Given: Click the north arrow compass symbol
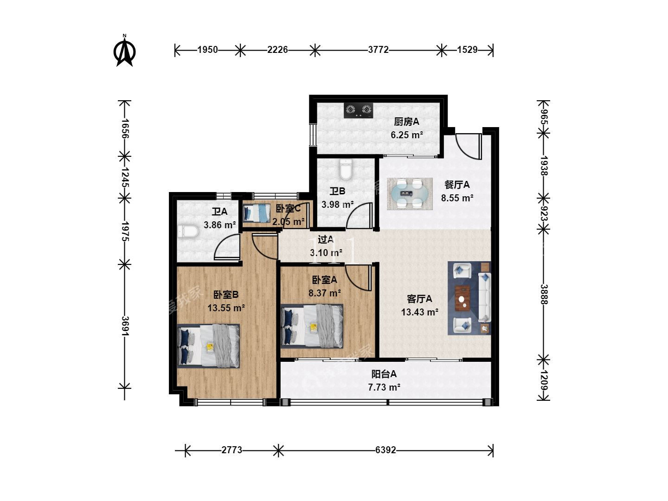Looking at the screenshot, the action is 124,51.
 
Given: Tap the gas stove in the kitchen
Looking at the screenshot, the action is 359,110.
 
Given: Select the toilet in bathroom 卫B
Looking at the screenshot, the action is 346,169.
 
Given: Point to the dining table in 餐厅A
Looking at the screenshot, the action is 410,193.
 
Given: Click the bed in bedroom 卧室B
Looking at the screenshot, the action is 208,346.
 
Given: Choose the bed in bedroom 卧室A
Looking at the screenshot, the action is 312,326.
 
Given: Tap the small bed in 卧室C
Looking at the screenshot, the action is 257,212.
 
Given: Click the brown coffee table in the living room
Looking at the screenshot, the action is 462,298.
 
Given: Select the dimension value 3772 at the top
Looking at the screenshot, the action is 378,50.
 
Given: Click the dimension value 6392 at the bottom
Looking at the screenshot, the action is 385,450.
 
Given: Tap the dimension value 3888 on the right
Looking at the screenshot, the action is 544,294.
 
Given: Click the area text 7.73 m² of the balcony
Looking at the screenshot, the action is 384,387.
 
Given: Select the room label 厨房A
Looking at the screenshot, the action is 406,122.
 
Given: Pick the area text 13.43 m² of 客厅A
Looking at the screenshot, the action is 420,312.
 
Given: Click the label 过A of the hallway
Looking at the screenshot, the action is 326,240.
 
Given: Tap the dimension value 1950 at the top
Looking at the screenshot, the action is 207,50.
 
